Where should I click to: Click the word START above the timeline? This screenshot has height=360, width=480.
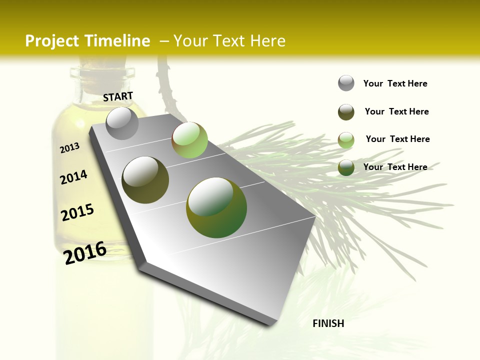[x=118, y=96]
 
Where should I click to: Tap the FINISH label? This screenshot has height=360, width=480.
[x=328, y=323]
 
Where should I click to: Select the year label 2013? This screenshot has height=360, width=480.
[x=70, y=148]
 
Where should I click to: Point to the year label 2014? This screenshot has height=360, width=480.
[x=73, y=177]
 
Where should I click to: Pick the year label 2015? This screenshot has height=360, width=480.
[x=77, y=212]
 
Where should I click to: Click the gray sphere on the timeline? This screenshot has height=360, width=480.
[x=122, y=123]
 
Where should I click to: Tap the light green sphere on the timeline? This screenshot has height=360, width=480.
[x=189, y=140]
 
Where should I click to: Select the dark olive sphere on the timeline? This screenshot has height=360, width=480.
[x=145, y=179]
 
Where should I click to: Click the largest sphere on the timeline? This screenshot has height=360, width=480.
[x=216, y=207]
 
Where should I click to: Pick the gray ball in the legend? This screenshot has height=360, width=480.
[x=346, y=83]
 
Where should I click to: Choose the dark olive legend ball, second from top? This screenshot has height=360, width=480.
[x=346, y=112]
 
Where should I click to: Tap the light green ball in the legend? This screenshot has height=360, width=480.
[x=346, y=140]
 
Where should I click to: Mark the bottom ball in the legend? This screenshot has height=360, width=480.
[x=346, y=167]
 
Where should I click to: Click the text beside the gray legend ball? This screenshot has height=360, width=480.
[x=395, y=83]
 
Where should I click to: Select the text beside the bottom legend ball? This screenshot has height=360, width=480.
[x=395, y=167]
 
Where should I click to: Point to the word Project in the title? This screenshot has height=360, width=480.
[x=52, y=41]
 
